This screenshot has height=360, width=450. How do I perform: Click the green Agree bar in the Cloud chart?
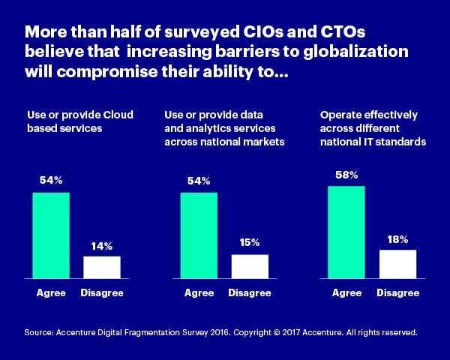[51, 235]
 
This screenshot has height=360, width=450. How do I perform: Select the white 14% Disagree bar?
[101, 268]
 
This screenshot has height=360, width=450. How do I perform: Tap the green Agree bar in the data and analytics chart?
[199, 235]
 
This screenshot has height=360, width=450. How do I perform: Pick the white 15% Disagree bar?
[250, 267]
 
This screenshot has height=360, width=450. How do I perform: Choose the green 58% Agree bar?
[346, 232]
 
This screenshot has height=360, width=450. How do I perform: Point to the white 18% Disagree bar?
[398, 264]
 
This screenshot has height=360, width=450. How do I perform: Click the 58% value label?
[346, 175]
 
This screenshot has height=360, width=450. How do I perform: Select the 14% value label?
[101, 246]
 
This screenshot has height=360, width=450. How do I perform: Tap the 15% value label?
[250, 243]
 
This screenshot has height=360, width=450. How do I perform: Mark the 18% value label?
[398, 239]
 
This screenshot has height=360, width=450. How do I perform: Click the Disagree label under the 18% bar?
[398, 292]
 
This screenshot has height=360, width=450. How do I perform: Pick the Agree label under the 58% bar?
[346, 292]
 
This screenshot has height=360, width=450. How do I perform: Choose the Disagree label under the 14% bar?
[102, 292]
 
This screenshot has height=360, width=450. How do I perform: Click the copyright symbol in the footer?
[260, 331]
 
